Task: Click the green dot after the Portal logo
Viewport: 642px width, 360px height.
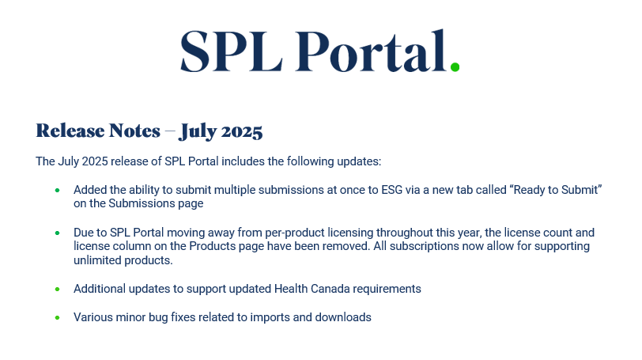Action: [x=455, y=66]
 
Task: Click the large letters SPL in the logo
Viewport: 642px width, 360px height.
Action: [x=232, y=51]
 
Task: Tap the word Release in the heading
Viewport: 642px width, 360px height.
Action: [x=70, y=131]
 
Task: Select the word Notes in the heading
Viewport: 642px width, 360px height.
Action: [x=134, y=131]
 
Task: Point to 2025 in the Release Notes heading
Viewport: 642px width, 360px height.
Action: [x=242, y=131]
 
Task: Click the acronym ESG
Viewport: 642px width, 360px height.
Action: [x=392, y=190]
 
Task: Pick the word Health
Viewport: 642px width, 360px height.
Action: [x=291, y=289]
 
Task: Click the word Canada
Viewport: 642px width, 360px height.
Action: [x=330, y=289]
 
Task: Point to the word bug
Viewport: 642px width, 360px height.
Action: [x=158, y=318]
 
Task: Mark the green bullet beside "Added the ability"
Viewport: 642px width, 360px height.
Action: [x=57, y=190]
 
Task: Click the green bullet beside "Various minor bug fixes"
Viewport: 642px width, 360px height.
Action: [x=57, y=317]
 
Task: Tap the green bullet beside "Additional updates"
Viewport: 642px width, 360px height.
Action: [x=57, y=289]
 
